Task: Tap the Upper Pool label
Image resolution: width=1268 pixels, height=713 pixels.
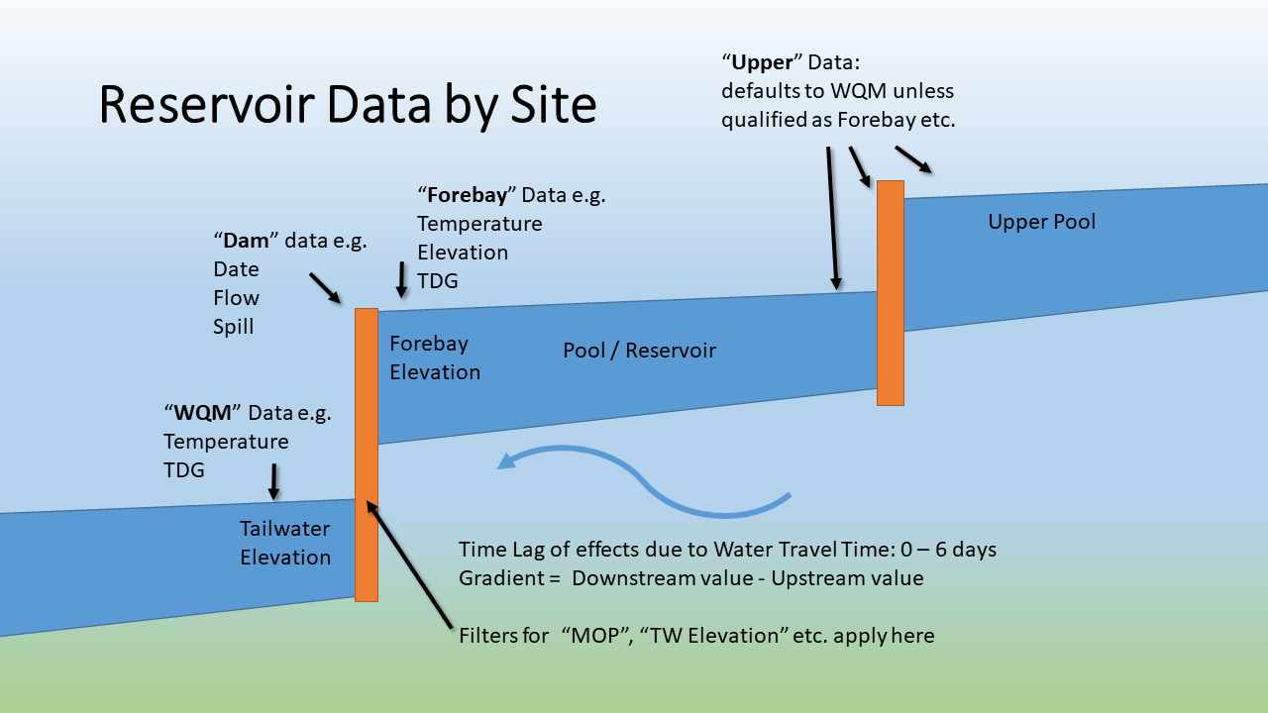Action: pyautogui.click(x=1041, y=222)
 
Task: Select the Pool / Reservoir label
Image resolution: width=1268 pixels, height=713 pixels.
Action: pyautogui.click(x=639, y=351)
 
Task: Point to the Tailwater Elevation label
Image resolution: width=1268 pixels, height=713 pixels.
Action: pyautogui.click(x=285, y=543)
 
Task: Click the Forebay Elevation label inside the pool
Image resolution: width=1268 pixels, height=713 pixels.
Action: pyautogui.click(x=434, y=357)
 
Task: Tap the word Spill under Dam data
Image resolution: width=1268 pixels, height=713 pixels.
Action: pyautogui.click(x=234, y=327)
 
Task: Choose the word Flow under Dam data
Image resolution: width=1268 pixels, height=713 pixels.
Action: pyautogui.click(x=236, y=298)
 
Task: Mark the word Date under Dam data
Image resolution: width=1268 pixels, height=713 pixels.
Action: pyautogui.click(x=236, y=269)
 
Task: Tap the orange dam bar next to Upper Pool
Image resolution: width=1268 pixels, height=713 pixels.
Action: pyautogui.click(x=891, y=292)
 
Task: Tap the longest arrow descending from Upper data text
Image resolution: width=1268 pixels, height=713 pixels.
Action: pyautogui.click(x=832, y=218)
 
